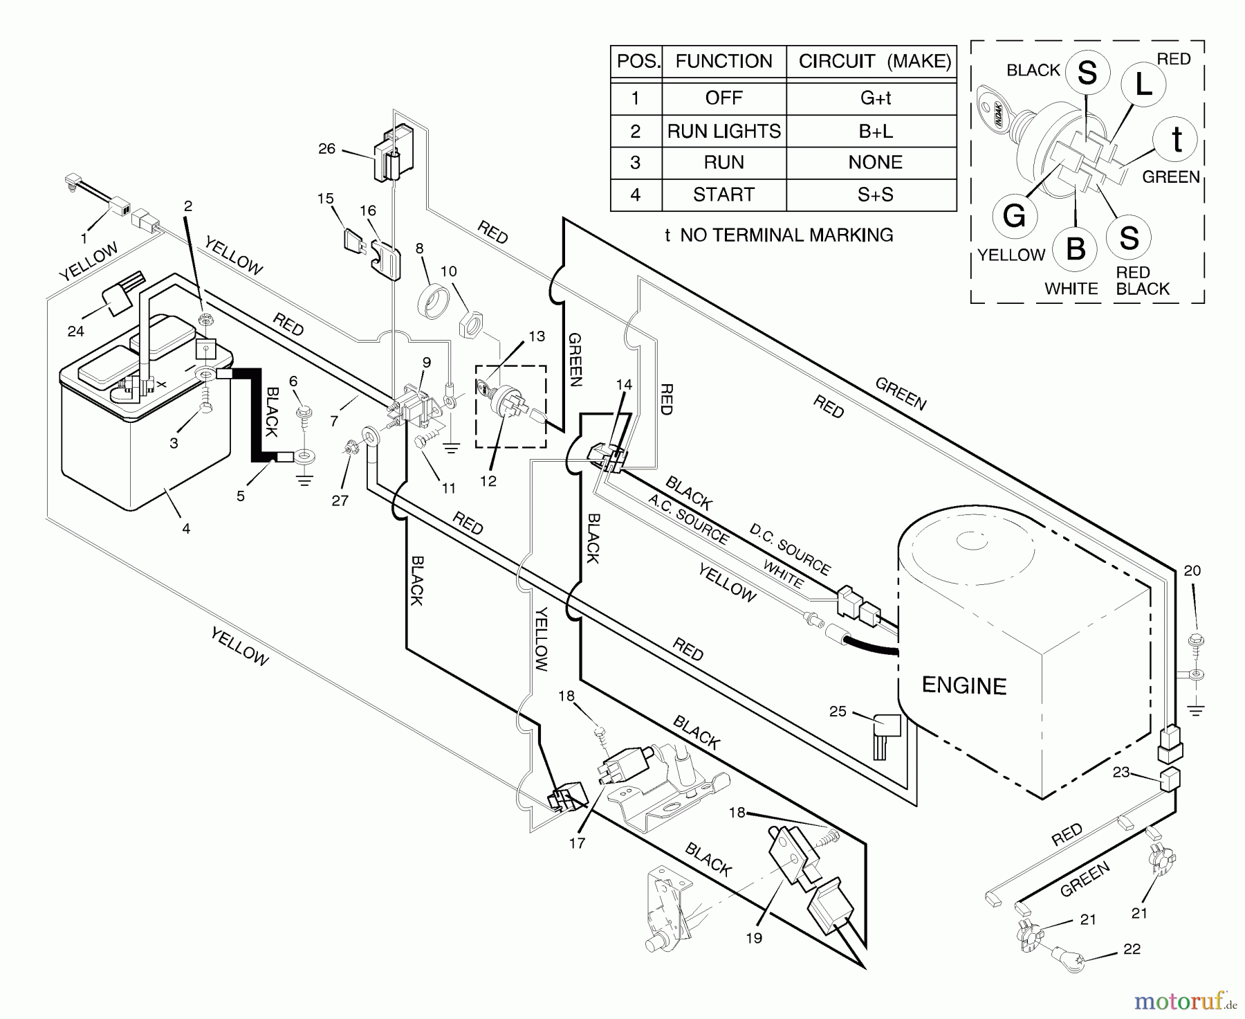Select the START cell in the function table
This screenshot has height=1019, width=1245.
[x=723, y=195]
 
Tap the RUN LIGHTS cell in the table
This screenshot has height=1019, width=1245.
[x=723, y=131]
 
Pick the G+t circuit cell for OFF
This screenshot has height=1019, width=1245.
[x=875, y=98]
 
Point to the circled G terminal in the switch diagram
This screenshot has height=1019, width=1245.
[x=1014, y=216]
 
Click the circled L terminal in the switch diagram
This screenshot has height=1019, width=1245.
[x=1143, y=84]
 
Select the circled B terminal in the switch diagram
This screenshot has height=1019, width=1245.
[x=1076, y=248]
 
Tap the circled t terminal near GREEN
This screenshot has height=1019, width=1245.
[x=1177, y=141]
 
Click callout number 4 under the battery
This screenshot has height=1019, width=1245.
[x=186, y=529]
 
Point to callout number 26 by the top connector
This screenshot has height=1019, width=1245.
[x=326, y=148]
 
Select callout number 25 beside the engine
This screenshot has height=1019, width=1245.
[x=838, y=711]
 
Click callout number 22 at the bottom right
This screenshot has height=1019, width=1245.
[x=1132, y=949]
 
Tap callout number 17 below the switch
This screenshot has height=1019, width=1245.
[x=577, y=842]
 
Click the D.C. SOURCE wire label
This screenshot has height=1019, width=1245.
[x=789, y=550]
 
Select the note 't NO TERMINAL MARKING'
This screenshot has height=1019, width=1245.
[x=778, y=235]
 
